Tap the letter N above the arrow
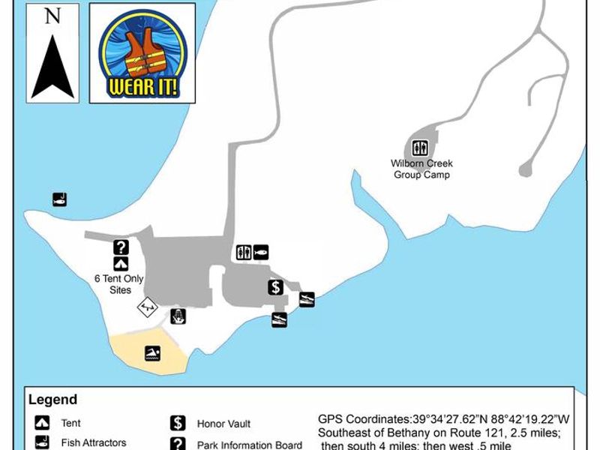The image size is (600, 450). coord(52,16)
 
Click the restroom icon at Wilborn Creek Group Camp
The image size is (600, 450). coord(421,147)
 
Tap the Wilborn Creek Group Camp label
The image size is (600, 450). coord(421,169)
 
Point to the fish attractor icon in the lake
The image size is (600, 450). coord(60,199)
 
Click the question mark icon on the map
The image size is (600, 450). coord(121,247)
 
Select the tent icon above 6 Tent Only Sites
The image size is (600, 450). coord(121,263)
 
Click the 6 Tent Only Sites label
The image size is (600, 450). coord(119,284)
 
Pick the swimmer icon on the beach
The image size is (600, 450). coord(153,353)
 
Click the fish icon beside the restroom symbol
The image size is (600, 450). coord(260,252)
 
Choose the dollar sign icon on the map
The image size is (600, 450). coord(276,286)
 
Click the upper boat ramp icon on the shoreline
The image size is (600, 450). coord(306,299)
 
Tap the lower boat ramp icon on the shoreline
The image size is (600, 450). coord(279,319)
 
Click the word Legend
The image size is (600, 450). coord(52,400)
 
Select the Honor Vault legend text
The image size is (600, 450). coord(223,424)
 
